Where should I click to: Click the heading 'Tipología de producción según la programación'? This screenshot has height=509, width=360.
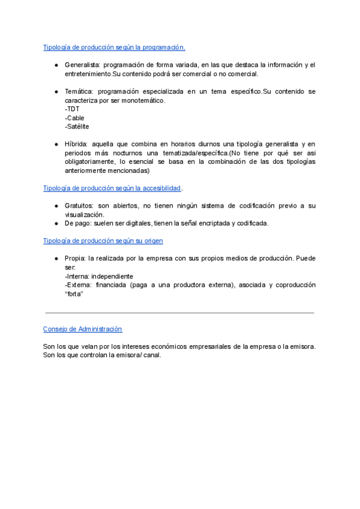(x=114, y=47)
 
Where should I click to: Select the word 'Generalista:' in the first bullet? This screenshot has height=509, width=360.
(x=82, y=65)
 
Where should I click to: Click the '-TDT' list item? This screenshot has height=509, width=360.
(x=71, y=109)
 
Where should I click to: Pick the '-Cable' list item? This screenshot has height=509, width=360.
(x=74, y=118)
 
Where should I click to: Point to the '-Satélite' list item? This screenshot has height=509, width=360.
(x=77, y=127)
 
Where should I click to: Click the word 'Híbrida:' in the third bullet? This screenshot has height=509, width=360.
(x=76, y=144)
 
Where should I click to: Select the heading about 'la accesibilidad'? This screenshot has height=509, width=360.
(x=112, y=188)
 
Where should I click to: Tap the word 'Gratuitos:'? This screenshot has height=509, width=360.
(x=79, y=206)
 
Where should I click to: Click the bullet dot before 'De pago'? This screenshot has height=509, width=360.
(x=55, y=223)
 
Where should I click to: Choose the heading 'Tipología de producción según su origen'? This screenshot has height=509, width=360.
(x=103, y=241)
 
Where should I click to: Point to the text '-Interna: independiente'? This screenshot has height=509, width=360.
(x=98, y=276)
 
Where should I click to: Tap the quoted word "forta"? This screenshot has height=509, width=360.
(x=73, y=294)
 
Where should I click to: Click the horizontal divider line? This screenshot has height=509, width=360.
(x=179, y=313)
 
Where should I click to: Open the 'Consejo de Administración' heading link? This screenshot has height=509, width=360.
(x=82, y=329)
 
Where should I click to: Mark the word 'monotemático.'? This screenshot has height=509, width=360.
(x=143, y=100)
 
